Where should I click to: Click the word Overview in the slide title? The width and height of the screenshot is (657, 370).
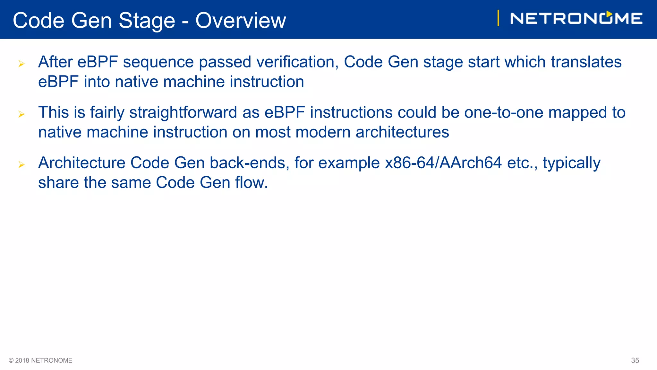click(x=241, y=21)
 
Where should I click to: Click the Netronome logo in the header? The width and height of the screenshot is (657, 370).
click(x=576, y=18)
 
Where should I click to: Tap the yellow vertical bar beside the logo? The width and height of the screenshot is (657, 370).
click(x=498, y=18)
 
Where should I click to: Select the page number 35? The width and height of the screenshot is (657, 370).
click(x=635, y=360)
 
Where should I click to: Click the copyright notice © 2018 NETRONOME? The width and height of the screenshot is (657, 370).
click(x=40, y=360)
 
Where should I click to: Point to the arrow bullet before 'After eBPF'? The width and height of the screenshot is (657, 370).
click(x=21, y=64)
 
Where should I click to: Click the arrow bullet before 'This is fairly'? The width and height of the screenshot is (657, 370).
click(x=21, y=114)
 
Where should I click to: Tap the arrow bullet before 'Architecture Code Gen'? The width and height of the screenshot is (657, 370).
click(x=21, y=164)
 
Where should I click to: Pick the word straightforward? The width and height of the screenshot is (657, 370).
click(x=183, y=112)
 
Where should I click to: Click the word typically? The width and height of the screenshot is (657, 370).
click(x=571, y=163)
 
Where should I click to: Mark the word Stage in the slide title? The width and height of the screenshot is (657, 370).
click(x=147, y=21)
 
